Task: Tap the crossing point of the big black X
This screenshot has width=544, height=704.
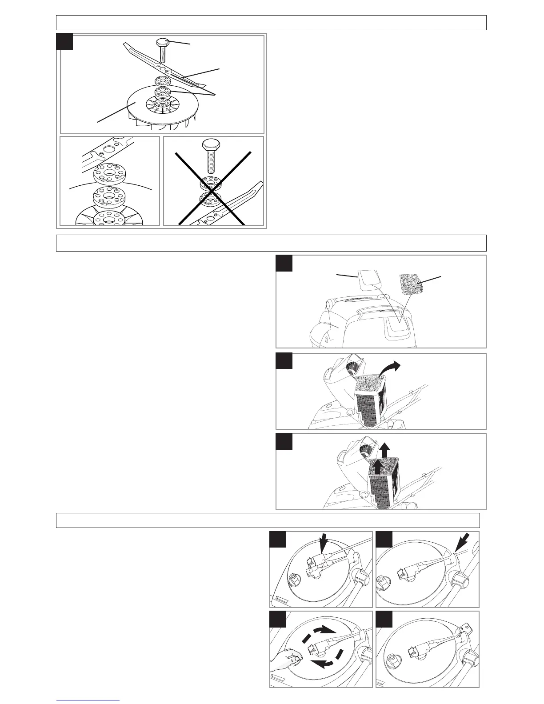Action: [213, 187]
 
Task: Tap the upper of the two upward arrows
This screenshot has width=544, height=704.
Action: [385, 449]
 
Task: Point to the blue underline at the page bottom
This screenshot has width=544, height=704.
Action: [88, 700]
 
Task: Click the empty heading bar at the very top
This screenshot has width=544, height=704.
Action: [271, 23]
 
